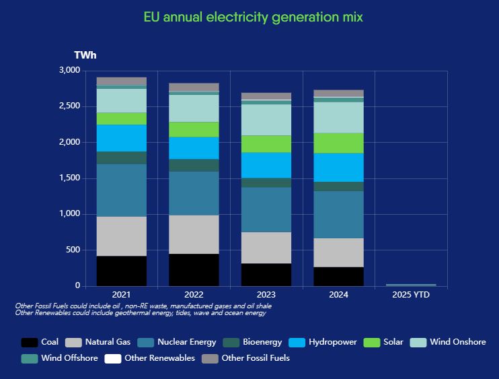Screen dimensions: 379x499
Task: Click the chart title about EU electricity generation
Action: click(x=254, y=17)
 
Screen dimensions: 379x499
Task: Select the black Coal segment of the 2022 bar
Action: click(x=194, y=269)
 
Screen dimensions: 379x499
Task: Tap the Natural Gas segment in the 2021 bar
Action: click(x=122, y=236)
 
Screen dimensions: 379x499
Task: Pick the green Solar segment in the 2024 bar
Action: click(x=338, y=143)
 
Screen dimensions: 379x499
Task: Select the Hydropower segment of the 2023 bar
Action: click(x=266, y=165)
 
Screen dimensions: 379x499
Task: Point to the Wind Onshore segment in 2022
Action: click(x=194, y=108)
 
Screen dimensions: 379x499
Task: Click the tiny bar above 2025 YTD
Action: click(x=411, y=285)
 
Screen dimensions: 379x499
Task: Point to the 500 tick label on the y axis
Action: click(x=73, y=250)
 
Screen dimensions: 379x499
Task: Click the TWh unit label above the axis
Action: click(x=85, y=55)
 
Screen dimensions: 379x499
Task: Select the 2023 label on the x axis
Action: click(x=266, y=295)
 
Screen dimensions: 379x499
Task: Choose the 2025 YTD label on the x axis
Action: click(x=411, y=295)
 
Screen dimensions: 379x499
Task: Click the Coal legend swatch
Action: click(x=29, y=342)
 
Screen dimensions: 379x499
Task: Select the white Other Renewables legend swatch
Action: click(x=112, y=358)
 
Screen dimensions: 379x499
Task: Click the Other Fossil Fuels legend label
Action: click(x=255, y=358)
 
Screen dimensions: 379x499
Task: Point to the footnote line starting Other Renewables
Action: click(x=141, y=312)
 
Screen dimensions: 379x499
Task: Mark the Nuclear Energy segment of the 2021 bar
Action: click(x=122, y=190)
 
